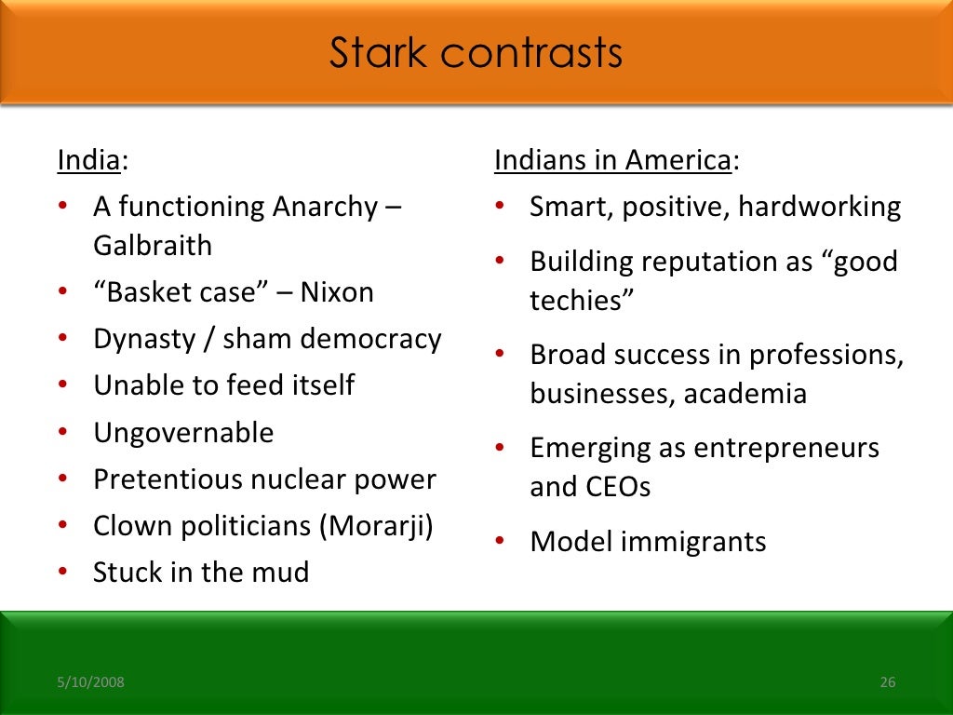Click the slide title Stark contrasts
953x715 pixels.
pos(476,53)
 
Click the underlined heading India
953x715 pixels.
pos(88,160)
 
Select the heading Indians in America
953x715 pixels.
pos(612,160)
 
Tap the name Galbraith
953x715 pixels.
pos(153,246)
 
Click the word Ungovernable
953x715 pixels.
pos(183,433)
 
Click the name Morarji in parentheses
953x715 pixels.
pos(376,526)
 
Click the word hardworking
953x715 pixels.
pos(819,207)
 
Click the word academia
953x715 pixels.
pos(745,394)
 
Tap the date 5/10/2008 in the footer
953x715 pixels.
pos(90,683)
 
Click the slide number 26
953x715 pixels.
pos(887,683)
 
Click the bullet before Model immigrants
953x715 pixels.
pos(501,542)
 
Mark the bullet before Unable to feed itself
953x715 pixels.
pos(62,385)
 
